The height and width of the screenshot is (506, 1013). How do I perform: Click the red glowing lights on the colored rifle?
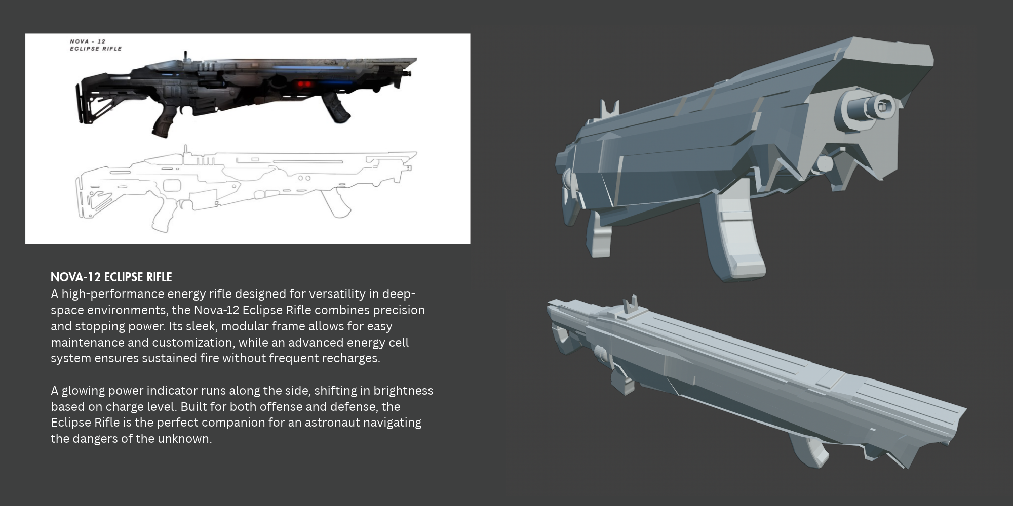point(303,83)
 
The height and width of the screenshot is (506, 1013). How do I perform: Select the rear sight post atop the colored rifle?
point(185,55)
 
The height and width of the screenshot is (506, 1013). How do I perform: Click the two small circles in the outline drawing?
point(304,178)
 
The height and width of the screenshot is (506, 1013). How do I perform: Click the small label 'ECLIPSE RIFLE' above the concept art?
point(96,49)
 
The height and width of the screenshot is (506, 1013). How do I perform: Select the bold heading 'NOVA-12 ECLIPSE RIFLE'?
point(111,277)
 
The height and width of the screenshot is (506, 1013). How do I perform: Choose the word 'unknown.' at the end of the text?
point(184,439)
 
